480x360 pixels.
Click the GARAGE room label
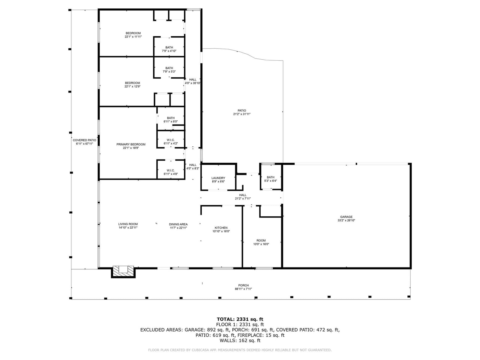pyautogui.click(x=346, y=217)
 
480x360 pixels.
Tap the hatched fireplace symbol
pyautogui.click(x=123, y=272)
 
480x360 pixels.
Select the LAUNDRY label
pyautogui.click(x=218, y=178)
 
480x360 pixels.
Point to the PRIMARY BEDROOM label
pyautogui.click(x=131, y=144)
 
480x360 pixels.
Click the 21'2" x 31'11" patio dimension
pyautogui.click(x=241, y=114)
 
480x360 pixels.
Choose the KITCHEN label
pyautogui.click(x=221, y=228)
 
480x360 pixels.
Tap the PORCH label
pyautogui.click(x=243, y=285)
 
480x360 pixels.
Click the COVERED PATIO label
pyautogui.click(x=84, y=140)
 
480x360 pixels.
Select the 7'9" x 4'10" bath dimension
pyautogui.click(x=169, y=51)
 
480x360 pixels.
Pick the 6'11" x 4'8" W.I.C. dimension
pyautogui.click(x=171, y=174)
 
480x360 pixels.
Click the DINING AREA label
pyautogui.click(x=178, y=224)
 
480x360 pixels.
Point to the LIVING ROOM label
pyautogui.click(x=128, y=224)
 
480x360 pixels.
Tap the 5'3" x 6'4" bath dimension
pyautogui.click(x=271, y=181)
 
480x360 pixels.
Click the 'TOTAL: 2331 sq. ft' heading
pyautogui.click(x=240, y=319)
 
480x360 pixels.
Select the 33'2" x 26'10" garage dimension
pyautogui.click(x=346, y=220)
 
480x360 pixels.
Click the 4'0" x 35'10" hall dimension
pyautogui.click(x=193, y=83)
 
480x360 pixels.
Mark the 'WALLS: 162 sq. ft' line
pyautogui.click(x=240, y=340)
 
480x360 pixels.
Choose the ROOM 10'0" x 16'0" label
pyautogui.click(x=261, y=242)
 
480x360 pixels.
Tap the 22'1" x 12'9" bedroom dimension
pyautogui.click(x=132, y=86)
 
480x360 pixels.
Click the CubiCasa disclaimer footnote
pyautogui.click(x=240, y=350)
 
